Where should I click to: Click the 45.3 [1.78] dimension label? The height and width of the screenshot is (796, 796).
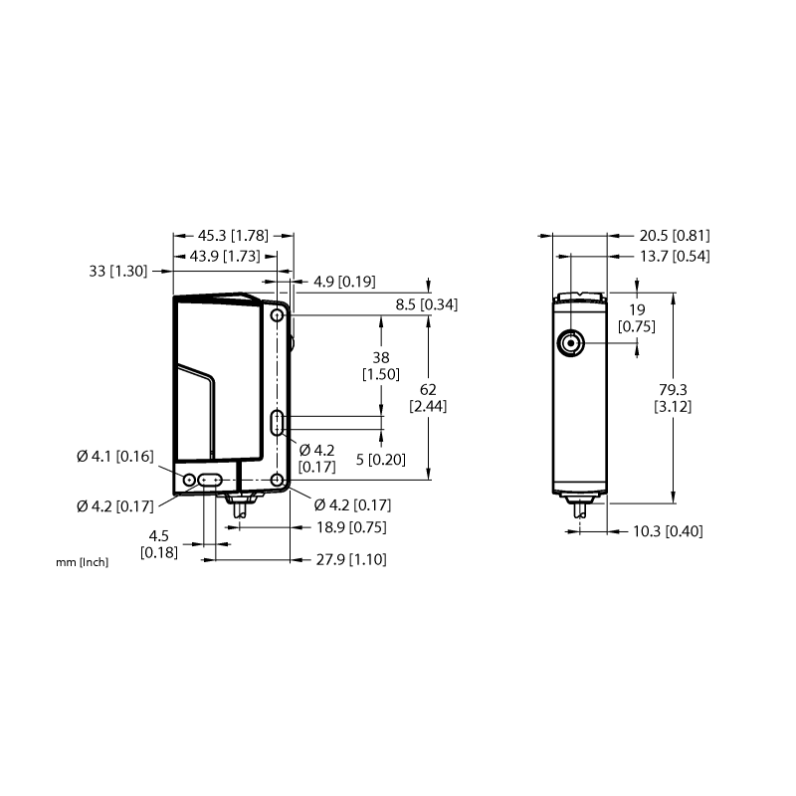(233, 236)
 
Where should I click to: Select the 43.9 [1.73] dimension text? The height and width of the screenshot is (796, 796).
(225, 256)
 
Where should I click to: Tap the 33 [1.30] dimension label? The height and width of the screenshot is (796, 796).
(118, 271)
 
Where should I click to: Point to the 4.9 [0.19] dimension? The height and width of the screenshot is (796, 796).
(344, 282)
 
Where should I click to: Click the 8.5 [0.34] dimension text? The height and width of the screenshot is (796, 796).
(427, 304)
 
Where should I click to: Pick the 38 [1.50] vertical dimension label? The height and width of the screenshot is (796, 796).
(381, 365)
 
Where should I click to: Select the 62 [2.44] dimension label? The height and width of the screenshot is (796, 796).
(428, 397)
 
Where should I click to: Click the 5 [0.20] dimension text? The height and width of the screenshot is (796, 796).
(381, 460)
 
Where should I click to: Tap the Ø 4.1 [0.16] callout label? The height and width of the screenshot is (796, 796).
(115, 457)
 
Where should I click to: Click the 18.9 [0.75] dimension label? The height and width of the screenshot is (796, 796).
(351, 527)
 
